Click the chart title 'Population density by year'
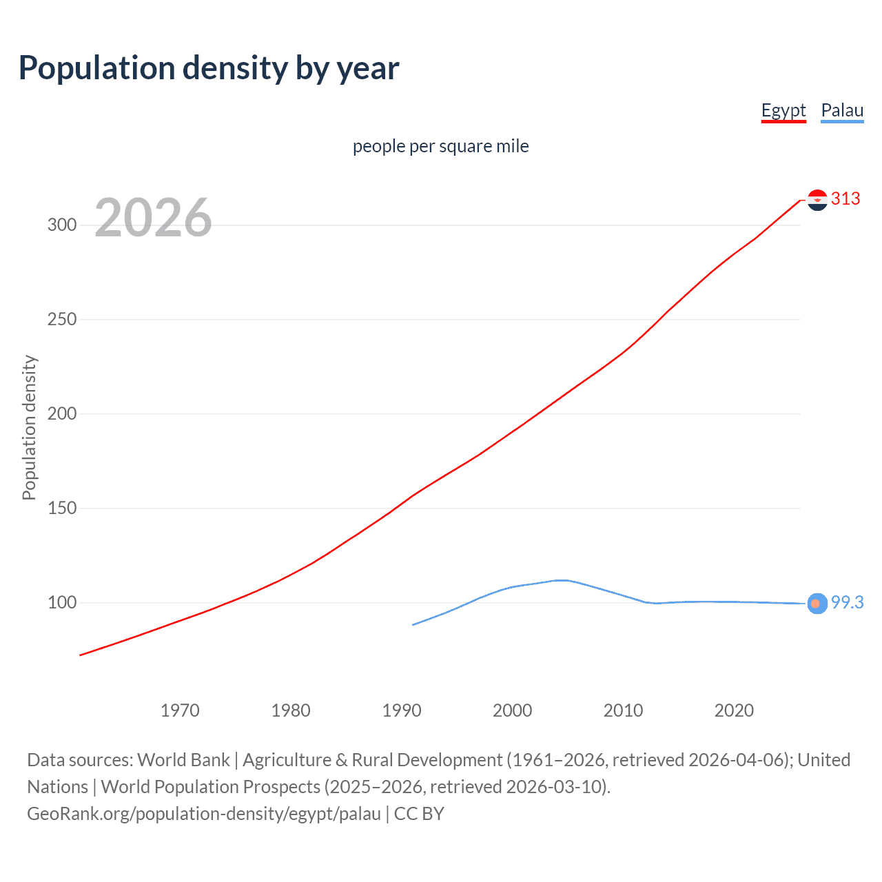coord(209,68)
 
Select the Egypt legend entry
coord(783,110)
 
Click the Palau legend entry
coord(842,110)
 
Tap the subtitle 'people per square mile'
coord(441,146)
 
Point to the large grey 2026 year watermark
coord(153,218)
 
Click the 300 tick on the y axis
coord(62,225)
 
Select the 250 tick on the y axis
coord(62,320)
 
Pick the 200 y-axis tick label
coord(62,414)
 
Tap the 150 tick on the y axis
coord(62,509)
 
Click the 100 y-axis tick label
coord(62,603)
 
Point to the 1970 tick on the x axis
coord(180,710)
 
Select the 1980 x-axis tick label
coord(291,710)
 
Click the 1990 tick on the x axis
coord(402,710)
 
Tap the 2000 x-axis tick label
coord(512,710)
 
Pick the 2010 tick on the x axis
coord(623,710)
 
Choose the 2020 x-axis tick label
coord(734,710)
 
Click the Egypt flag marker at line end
coord(817,200)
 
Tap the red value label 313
coord(845,199)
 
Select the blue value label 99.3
coord(847,603)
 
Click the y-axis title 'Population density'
coord(29,427)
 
